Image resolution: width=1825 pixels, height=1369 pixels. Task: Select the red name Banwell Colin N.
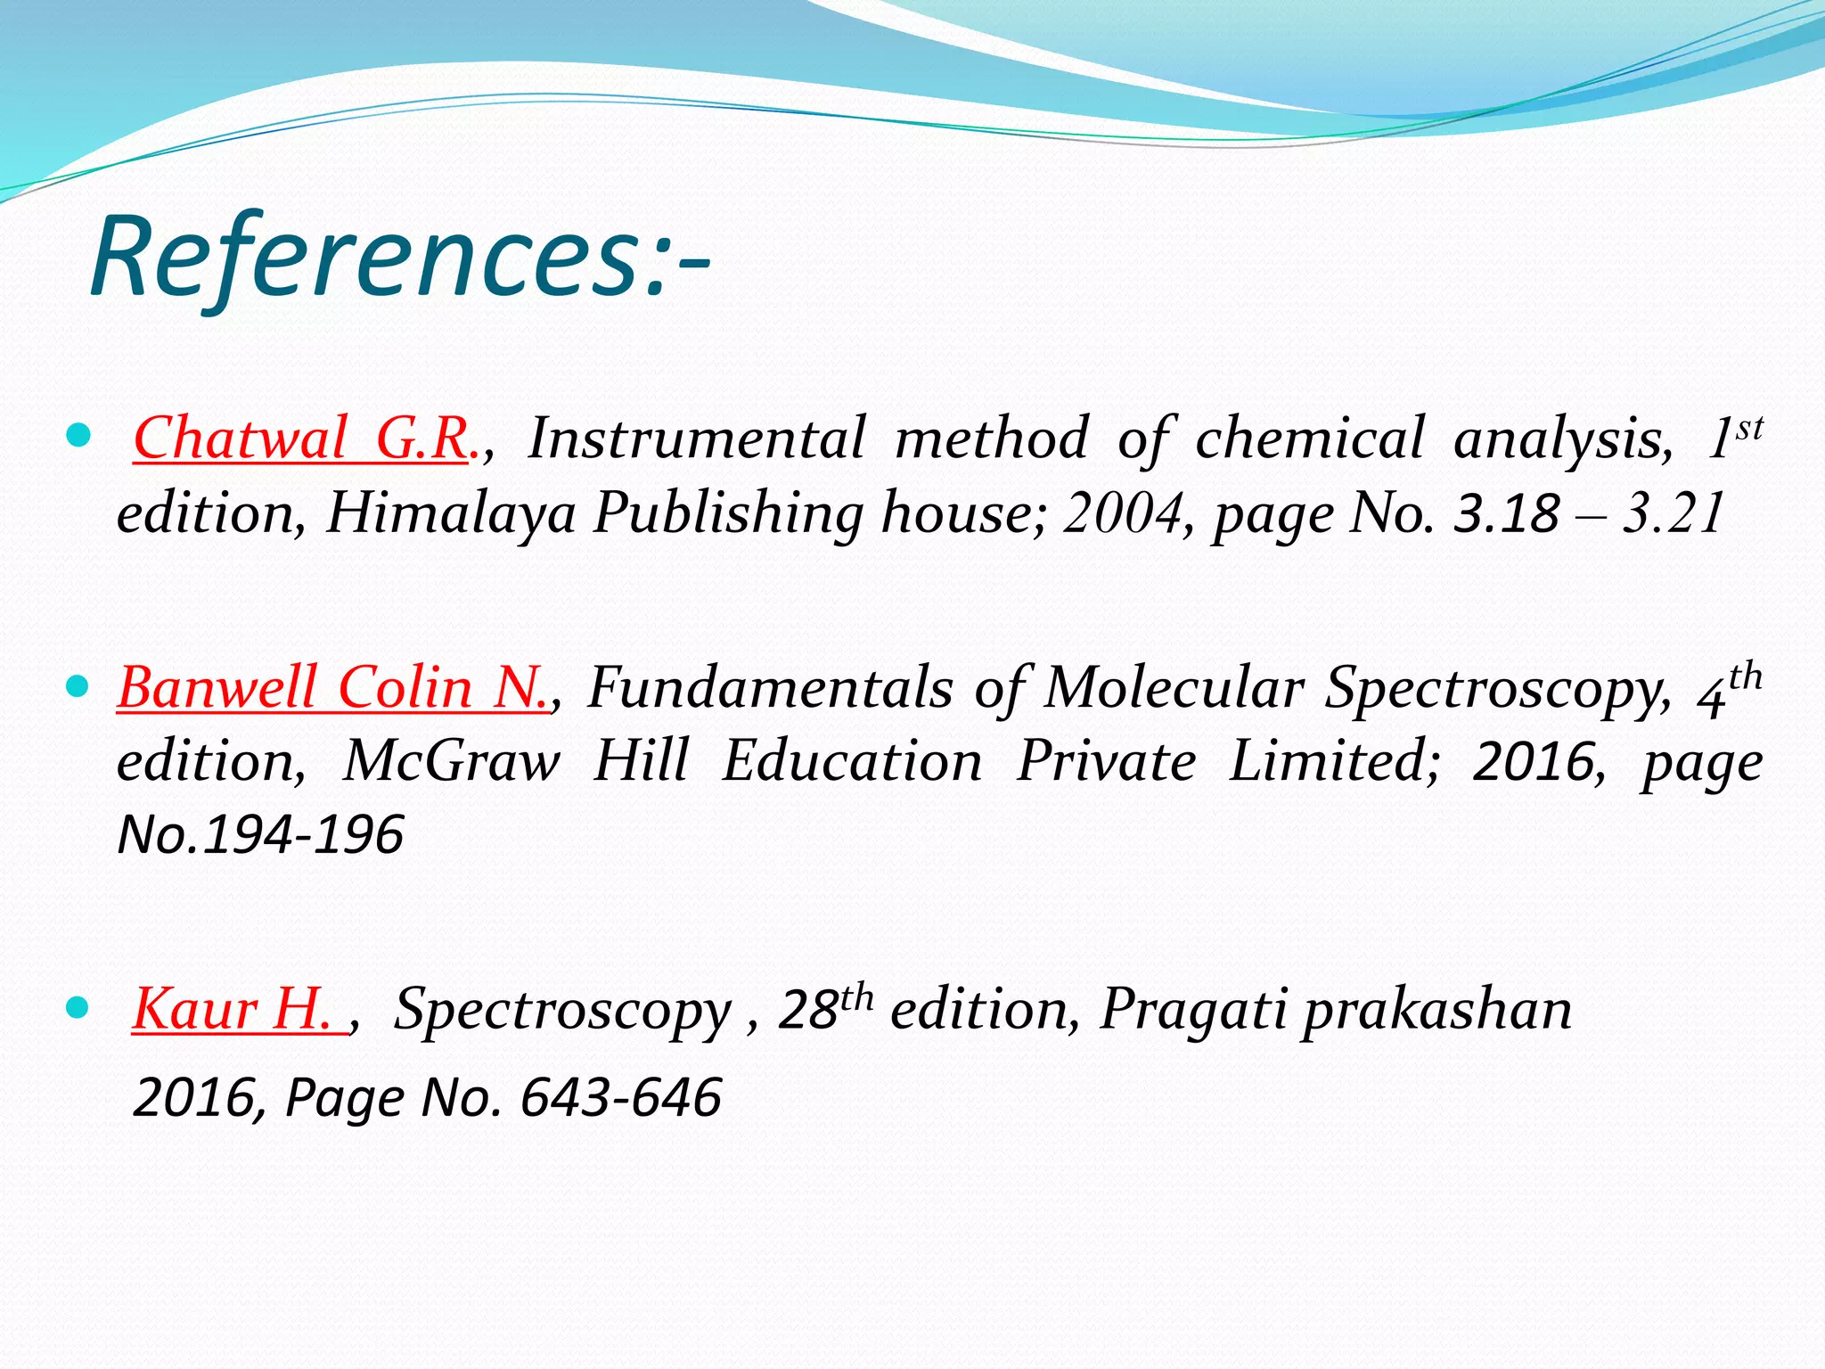coord(333,688)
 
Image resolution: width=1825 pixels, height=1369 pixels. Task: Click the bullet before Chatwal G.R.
coord(78,437)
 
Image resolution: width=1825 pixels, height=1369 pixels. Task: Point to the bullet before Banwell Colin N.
coord(78,686)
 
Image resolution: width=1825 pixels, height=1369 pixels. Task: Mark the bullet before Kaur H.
coord(78,1008)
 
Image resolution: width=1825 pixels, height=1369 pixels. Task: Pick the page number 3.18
coord(1506,514)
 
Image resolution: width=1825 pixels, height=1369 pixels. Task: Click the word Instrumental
coord(697,439)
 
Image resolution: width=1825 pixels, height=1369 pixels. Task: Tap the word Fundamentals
coord(770,688)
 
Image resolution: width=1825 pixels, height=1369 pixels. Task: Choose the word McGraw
coord(451,762)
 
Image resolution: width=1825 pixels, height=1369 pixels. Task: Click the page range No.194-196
coord(260,835)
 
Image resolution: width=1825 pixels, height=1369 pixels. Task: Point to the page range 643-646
coord(620,1097)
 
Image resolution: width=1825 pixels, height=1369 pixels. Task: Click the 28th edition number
coord(823,1010)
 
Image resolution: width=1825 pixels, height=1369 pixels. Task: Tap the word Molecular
coord(1173,688)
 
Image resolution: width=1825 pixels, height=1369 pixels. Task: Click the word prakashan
coord(1436,1010)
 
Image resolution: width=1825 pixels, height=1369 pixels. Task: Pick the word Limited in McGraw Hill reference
coord(1333,762)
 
